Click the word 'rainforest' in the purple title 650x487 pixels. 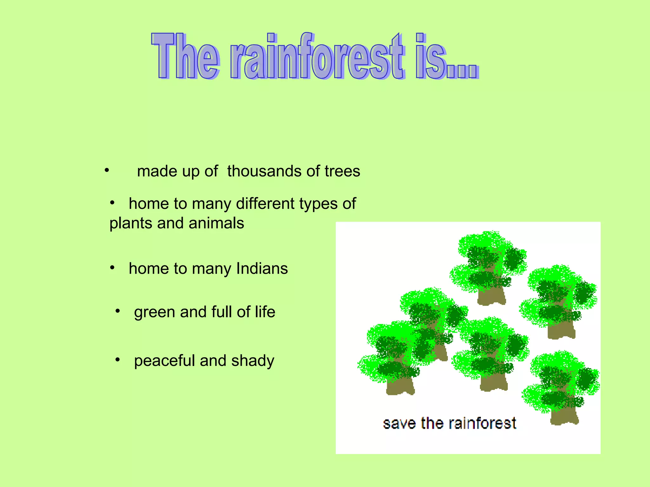[317, 57]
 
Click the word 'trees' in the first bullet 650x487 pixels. [342, 171]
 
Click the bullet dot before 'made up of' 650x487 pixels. [107, 170]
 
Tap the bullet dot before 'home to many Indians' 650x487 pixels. [112, 268]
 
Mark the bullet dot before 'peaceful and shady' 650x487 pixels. [118, 360]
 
